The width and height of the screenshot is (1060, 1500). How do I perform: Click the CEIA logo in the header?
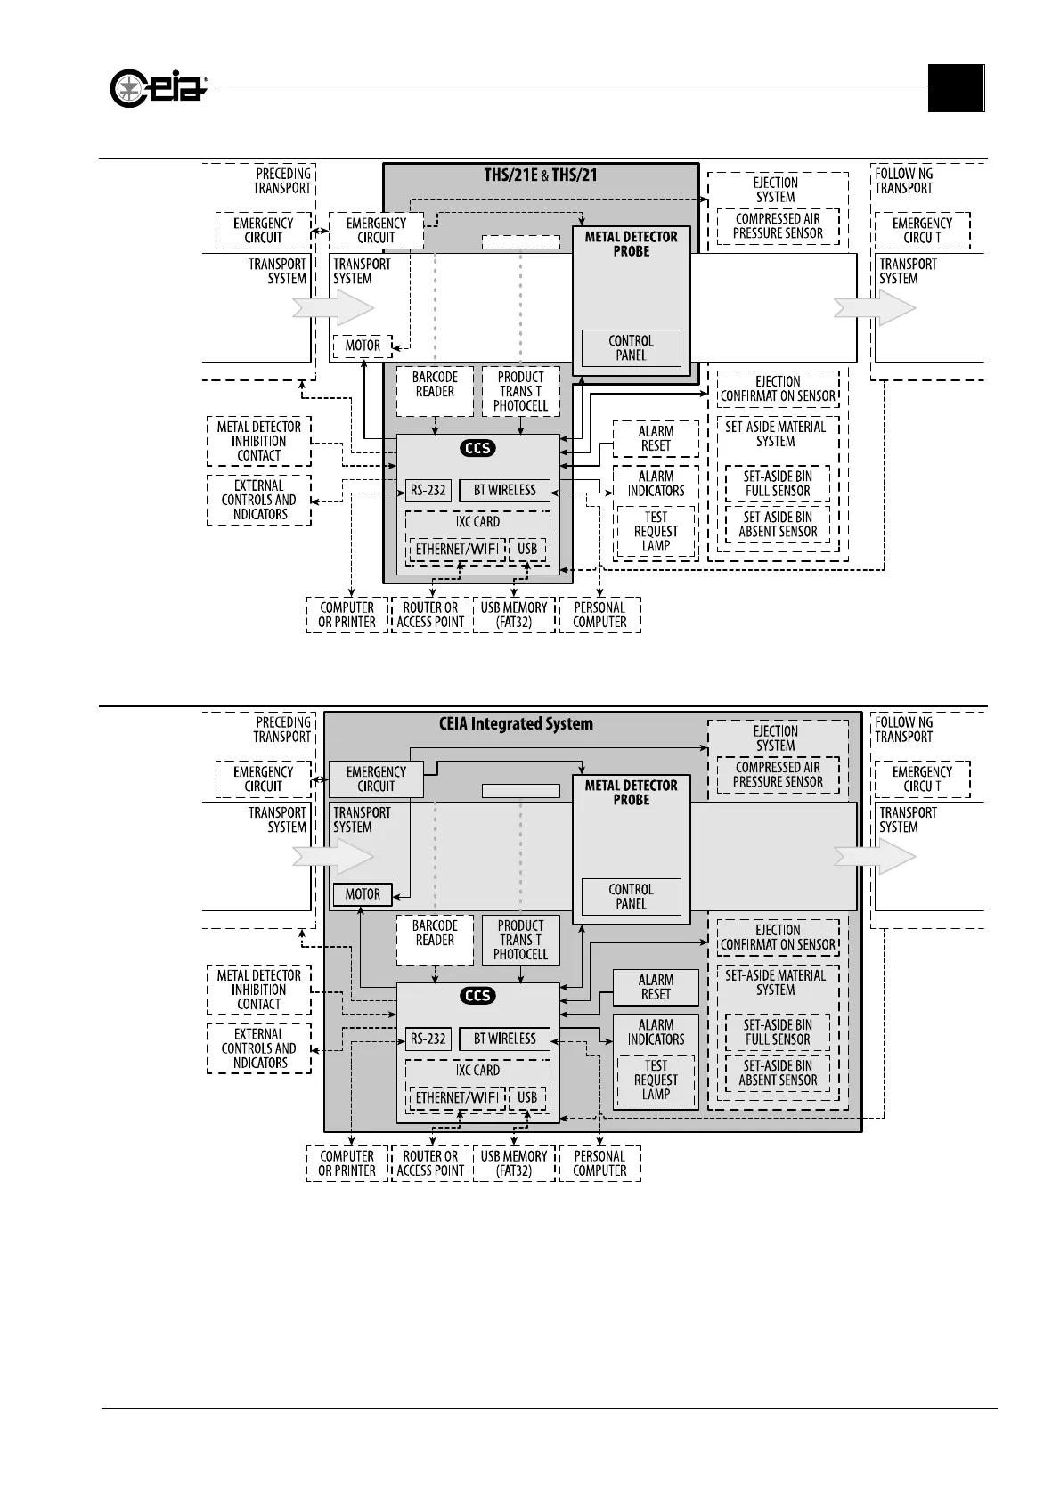point(159,88)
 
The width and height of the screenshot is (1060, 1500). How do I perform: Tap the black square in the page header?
point(956,88)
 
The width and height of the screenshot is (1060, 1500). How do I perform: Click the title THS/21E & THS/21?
point(541,175)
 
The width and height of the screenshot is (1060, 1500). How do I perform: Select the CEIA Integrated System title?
point(516,723)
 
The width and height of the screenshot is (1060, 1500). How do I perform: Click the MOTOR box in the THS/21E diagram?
point(363,346)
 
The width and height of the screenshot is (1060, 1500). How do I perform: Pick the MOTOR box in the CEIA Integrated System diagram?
point(363,894)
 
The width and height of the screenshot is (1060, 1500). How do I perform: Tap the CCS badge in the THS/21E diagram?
point(477,448)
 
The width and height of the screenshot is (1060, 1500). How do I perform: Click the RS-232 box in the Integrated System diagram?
point(428,1039)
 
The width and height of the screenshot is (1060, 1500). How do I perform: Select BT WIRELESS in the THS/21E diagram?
point(505,490)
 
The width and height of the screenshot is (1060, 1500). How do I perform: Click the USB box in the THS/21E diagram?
point(527,549)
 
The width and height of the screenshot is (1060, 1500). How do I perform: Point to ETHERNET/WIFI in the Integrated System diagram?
point(457,1097)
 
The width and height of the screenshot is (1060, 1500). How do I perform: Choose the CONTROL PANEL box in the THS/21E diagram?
point(631,347)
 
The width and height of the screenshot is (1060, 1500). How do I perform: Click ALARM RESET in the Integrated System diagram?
point(656,987)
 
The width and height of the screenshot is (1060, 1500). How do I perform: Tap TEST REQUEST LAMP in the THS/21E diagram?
point(656,532)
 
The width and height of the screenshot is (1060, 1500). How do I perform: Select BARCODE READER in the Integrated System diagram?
point(435,933)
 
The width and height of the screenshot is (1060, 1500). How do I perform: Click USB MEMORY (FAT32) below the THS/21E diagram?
point(514,615)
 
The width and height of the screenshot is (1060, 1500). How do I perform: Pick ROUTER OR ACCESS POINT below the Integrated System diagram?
point(430,1163)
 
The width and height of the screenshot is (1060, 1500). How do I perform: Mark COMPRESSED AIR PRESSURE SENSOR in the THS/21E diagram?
point(778,226)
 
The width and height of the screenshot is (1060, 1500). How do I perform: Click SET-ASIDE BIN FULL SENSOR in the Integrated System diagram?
point(778,1032)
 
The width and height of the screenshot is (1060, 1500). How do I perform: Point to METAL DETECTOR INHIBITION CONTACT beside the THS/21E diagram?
point(259,441)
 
